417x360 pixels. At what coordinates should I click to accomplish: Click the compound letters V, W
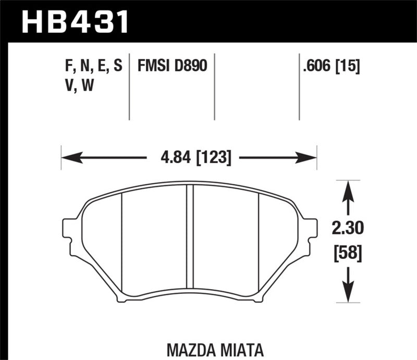[x=79, y=86]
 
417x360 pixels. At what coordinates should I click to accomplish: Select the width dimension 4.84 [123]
[x=189, y=157]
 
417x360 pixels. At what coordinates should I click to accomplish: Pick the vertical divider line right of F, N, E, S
[x=129, y=86]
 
